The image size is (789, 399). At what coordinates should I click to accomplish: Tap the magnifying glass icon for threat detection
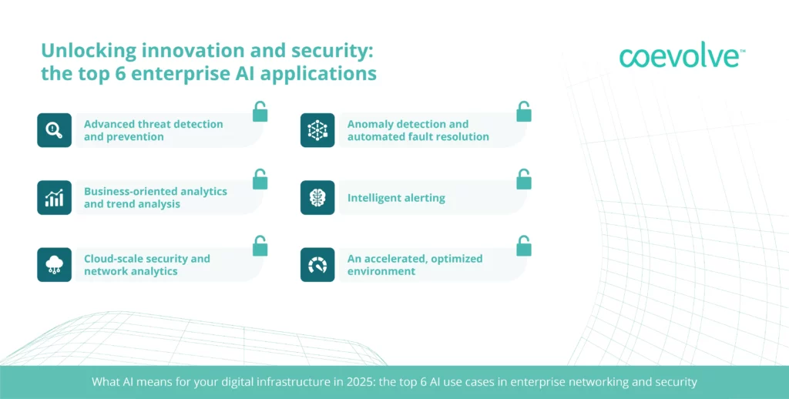[55, 130]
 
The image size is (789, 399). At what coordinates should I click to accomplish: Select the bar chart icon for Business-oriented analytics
[55, 198]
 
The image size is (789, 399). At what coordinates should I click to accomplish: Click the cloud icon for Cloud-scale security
[55, 265]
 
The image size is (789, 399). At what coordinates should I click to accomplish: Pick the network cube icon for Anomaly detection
[317, 130]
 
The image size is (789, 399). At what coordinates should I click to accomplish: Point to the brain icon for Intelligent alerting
[317, 198]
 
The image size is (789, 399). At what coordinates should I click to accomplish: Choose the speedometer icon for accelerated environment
[317, 265]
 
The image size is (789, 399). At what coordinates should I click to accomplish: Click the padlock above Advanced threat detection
[260, 112]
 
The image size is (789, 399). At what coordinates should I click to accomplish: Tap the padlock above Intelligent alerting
[524, 179]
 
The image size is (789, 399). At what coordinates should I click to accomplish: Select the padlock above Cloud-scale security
[260, 246]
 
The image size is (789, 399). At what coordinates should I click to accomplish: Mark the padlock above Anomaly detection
[524, 112]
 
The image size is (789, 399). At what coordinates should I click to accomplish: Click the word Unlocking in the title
[89, 52]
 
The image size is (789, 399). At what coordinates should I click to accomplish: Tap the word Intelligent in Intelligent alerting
[371, 198]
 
